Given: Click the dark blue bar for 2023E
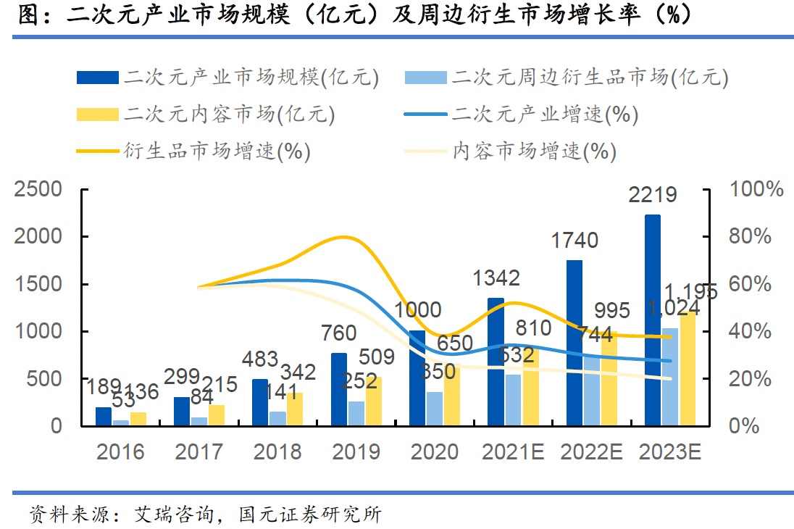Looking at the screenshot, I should pyautogui.click(x=652, y=320).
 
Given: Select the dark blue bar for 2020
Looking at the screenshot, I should pyautogui.click(x=417, y=378).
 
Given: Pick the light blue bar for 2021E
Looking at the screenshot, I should pyautogui.click(x=513, y=399).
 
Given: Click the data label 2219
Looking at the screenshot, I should pyautogui.click(x=652, y=195).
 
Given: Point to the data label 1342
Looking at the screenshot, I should pyautogui.click(x=496, y=278).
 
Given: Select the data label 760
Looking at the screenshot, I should pyautogui.click(x=338, y=333).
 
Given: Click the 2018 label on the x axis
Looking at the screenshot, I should pyautogui.click(x=277, y=452).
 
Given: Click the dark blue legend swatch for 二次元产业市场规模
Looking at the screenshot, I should pyautogui.click(x=97, y=77).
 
